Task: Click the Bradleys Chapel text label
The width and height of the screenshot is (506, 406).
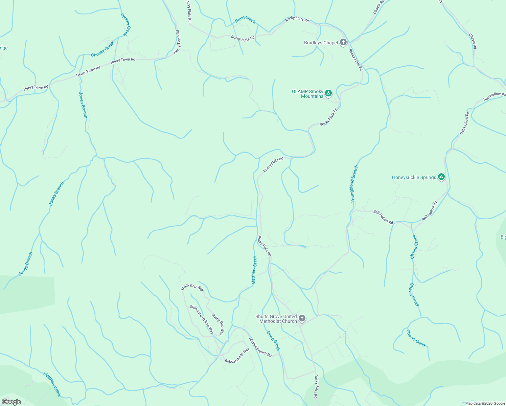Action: pos(321,43)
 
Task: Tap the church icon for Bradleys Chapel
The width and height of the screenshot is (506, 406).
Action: pos(343,42)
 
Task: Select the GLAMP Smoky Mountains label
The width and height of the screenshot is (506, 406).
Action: pos(307,94)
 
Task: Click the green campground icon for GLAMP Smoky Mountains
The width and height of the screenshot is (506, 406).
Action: pos(328,93)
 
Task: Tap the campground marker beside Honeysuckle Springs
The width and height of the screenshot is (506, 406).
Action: pos(441,177)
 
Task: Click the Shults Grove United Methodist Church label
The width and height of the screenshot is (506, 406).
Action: pos(276,319)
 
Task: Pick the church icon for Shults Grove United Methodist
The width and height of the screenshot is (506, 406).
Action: pos(302,318)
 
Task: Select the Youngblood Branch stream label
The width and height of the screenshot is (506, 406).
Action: pos(354,184)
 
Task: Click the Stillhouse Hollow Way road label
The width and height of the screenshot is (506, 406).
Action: pos(202,319)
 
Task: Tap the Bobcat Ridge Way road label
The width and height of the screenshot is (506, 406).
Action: pos(237,356)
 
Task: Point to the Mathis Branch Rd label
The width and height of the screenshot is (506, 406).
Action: pos(260,347)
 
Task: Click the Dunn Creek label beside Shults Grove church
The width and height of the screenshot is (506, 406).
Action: pos(273,340)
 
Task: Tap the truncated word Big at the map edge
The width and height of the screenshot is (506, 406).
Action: pos(503,237)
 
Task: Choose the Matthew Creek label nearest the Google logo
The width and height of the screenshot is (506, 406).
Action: pos(52,384)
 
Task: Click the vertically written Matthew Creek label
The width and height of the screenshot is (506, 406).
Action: pos(254,270)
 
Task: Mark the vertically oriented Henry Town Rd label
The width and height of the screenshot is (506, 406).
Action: pos(177,42)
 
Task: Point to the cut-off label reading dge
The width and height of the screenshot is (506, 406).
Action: pos(4,48)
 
